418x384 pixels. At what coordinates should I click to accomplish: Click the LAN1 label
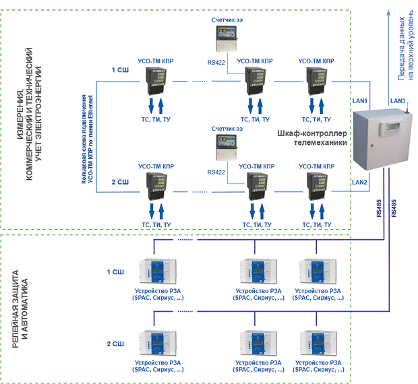pos(359,101)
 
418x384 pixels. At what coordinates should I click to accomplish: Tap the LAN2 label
pos(359,183)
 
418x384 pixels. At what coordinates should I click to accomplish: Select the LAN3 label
pos(398,101)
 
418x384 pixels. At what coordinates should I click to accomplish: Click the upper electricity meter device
pos(227,39)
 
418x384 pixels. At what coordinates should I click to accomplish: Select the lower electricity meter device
pos(227,148)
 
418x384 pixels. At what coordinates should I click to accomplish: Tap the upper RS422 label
pos(216,63)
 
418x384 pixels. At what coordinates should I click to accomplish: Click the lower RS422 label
pos(216,172)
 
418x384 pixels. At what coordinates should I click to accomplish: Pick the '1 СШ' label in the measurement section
pos(120,70)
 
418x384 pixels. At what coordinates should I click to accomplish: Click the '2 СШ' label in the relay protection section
pos(115,344)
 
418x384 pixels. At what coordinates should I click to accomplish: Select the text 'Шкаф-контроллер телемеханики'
pos(312,138)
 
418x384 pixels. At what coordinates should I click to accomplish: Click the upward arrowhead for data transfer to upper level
pos(389,13)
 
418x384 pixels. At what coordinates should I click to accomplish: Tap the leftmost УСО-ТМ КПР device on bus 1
pos(156,81)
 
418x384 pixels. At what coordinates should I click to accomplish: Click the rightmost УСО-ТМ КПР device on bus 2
pos(317,187)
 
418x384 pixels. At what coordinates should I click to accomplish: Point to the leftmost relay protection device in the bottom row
pos(158,343)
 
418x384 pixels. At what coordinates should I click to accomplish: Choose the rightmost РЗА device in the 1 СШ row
pos(318,271)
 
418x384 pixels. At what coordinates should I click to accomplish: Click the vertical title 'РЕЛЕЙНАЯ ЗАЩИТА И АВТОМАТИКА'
pos(20,309)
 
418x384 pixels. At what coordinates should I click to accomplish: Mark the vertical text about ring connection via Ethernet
pos(87,139)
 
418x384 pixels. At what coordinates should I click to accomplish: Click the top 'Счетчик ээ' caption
pos(227,20)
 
